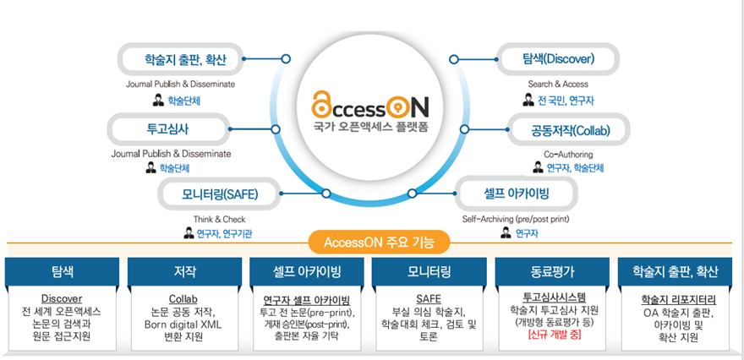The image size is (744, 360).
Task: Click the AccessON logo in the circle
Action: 370,107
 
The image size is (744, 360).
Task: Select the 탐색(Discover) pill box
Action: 559,59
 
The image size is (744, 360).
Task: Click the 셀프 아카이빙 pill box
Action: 511,194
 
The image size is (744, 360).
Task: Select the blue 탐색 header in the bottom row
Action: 62,271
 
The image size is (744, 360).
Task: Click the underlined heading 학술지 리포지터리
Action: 679,299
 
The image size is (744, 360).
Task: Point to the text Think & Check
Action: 219,219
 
